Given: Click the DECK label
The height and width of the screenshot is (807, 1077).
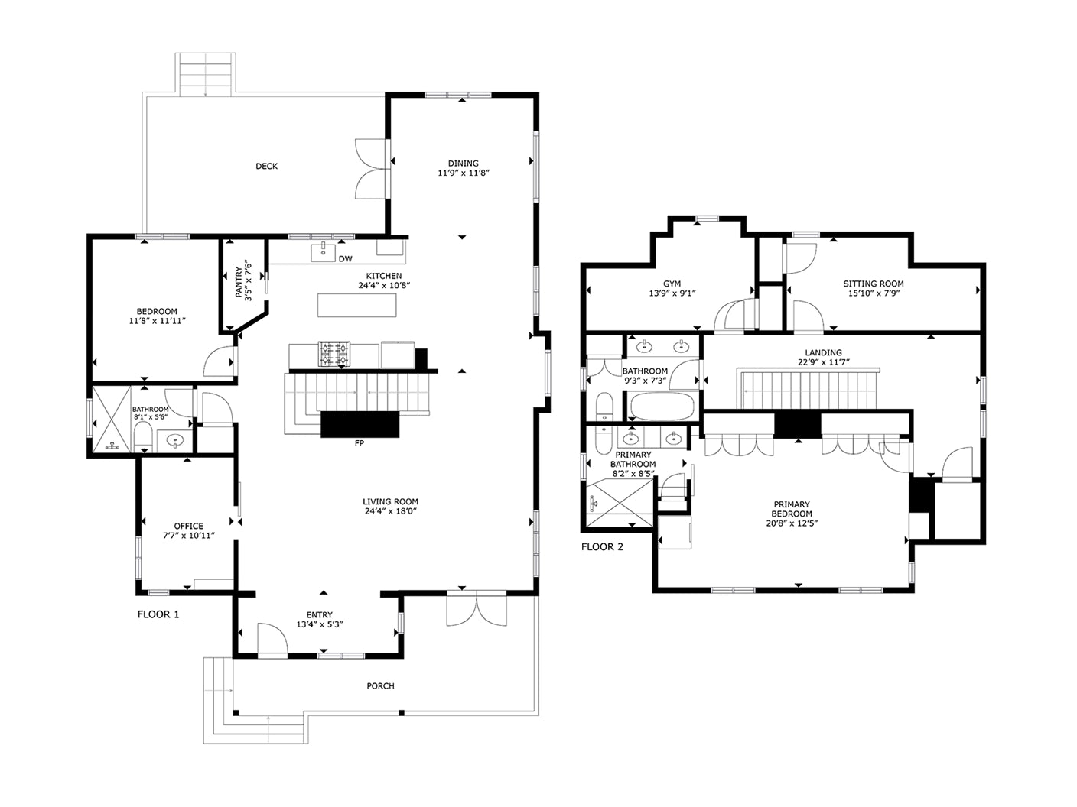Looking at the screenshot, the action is click(266, 166).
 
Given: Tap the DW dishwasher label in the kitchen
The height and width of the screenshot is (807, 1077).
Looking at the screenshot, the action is click(345, 259).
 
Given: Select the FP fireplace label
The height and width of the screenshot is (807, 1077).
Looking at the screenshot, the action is click(360, 443).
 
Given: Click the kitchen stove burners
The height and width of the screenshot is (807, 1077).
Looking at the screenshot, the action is click(334, 354).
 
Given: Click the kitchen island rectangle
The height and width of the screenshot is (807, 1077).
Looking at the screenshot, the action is click(356, 305).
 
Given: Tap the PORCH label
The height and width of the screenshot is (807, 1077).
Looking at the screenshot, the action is click(380, 686).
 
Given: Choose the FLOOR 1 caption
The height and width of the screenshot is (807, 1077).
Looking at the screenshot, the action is click(158, 614).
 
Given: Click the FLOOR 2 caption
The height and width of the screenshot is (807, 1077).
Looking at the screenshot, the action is click(602, 547).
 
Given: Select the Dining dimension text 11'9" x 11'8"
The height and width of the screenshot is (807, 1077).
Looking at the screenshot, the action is click(464, 173).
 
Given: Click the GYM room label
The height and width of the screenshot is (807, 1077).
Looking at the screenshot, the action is click(672, 284).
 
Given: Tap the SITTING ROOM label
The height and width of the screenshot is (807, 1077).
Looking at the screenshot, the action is click(874, 284).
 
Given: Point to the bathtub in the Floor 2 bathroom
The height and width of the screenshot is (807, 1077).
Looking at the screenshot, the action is click(662, 407).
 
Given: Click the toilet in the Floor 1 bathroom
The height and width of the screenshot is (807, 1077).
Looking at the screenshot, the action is click(143, 438).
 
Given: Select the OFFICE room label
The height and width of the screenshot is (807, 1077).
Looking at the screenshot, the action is click(188, 526).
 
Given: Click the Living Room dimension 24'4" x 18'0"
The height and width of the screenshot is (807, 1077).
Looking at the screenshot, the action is click(390, 511).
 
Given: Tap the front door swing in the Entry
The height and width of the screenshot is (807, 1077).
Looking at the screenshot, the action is click(272, 638).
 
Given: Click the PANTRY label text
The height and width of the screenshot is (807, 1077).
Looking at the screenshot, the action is click(239, 282).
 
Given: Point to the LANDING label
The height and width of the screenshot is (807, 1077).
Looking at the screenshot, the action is click(823, 352).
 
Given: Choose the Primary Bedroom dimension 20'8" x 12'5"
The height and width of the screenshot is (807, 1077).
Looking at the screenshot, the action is click(792, 523).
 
